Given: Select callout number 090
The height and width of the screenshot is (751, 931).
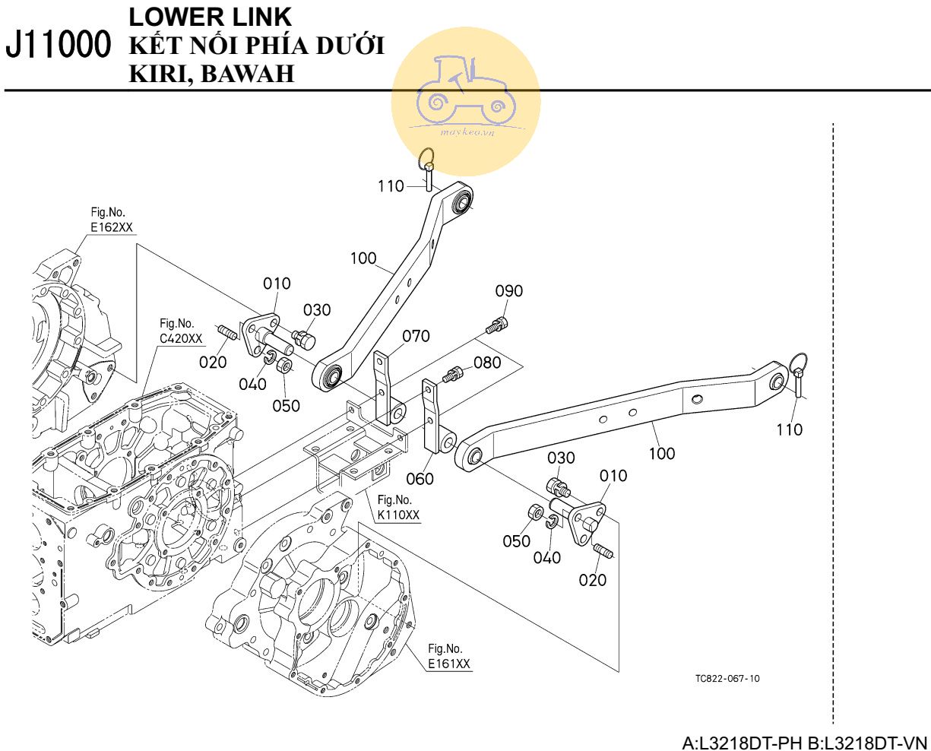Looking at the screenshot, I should click(x=508, y=291).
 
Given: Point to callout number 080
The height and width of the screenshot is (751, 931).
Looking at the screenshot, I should click(x=487, y=363).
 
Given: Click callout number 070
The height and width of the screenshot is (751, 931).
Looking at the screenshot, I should click(x=416, y=336).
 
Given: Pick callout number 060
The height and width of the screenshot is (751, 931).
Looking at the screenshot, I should click(x=420, y=478).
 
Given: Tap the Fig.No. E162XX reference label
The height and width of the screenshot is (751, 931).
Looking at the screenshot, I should click(x=111, y=220).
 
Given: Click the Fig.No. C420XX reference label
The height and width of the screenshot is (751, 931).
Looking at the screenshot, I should click(x=181, y=331).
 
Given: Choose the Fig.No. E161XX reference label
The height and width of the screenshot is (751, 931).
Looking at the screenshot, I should click(x=448, y=656).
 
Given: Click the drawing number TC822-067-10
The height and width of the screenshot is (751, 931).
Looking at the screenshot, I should click(x=727, y=678).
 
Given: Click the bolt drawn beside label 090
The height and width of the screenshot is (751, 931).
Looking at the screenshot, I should click(x=496, y=325).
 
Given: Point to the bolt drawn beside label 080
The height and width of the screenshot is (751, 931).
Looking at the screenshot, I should click(x=454, y=373).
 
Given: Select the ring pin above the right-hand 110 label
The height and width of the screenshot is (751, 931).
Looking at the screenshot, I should click(x=799, y=372).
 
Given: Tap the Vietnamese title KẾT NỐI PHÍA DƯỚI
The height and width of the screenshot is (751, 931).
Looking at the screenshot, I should click(x=257, y=46).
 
